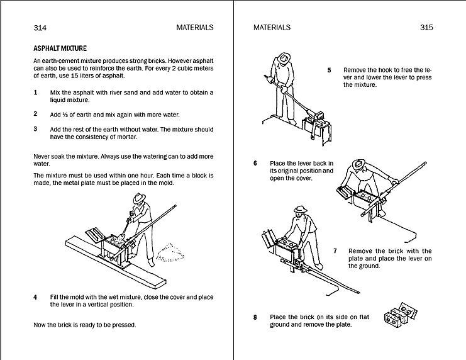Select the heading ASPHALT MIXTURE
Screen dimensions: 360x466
[60, 48]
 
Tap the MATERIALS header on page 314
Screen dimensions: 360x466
[196, 28]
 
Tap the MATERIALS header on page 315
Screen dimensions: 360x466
[272, 28]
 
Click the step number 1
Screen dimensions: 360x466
[35, 93]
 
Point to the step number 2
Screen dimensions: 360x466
[35, 114]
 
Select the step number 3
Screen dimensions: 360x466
[35, 129]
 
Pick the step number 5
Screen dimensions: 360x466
[329, 70]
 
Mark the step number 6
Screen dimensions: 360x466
[255, 163]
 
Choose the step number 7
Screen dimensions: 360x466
[335, 251]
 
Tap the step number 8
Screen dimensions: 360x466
[255, 317]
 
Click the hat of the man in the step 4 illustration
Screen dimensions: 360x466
[139, 198]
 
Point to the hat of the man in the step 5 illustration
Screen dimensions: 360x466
[284, 57]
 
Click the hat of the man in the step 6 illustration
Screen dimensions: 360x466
[359, 164]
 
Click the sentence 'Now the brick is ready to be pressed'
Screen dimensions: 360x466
[84, 325]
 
